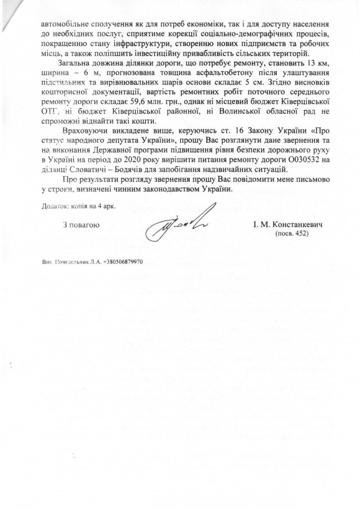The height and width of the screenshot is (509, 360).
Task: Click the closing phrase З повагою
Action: point(82,225)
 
